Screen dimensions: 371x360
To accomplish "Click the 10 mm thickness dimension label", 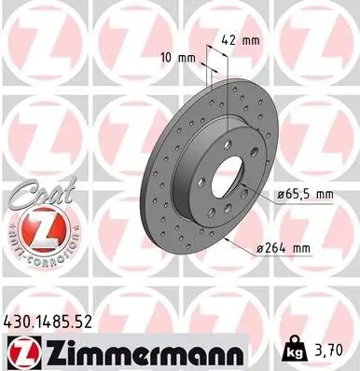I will pos(178,58).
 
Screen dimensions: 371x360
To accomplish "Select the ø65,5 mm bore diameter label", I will pos(303,193).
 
